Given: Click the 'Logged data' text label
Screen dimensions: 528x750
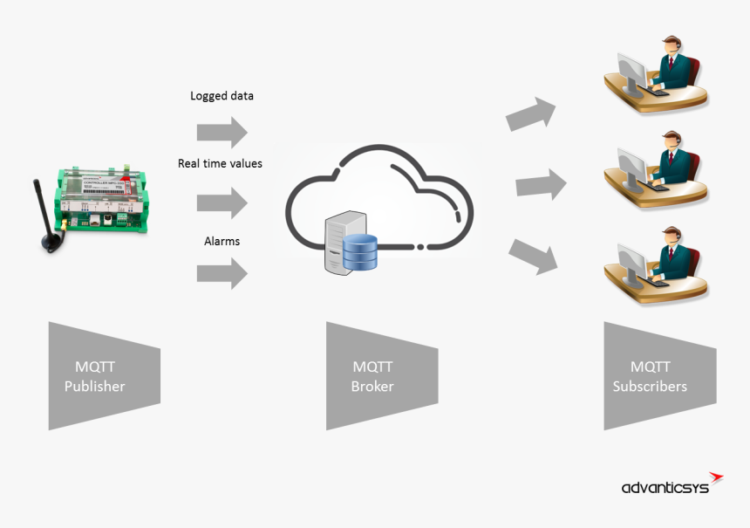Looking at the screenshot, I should pos(222,96).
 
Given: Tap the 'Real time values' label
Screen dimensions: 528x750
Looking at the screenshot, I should pos(220,163).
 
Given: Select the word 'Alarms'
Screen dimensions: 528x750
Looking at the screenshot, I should pos(222,241).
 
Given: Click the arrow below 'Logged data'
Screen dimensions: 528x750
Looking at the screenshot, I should pos(222,133).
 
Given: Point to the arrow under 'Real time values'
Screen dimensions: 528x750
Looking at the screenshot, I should pos(222,203).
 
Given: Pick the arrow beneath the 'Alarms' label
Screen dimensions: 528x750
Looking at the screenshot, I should pos(222,274).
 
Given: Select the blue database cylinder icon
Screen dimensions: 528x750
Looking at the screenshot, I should pos(360,252).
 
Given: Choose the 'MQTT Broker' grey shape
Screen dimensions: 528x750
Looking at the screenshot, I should pos(379,376).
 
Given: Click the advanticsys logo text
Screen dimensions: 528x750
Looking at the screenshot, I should pos(665,487).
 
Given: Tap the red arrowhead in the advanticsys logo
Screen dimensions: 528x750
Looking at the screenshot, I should pos(716,477).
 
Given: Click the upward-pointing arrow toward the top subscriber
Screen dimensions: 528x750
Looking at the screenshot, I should pos(531,113).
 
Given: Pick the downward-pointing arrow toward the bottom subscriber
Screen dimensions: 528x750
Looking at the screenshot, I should pos(533,255).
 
